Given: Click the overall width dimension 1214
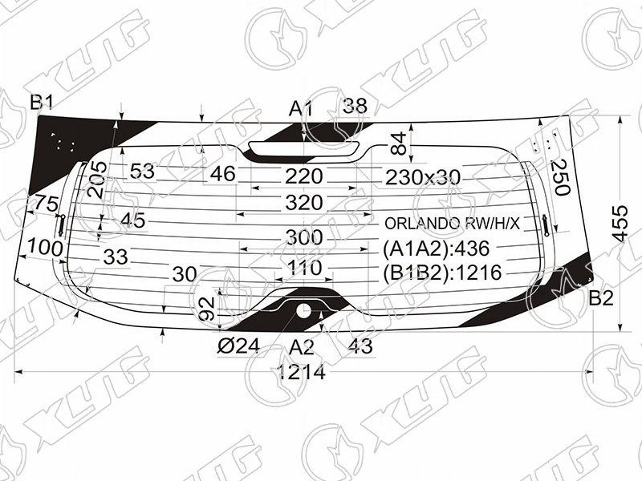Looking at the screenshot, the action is click(x=301, y=372).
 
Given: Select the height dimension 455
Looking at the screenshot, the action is click(x=620, y=224).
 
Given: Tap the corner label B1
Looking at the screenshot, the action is click(x=42, y=103).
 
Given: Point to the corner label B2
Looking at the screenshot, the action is click(x=601, y=298).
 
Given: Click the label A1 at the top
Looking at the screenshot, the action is click(x=301, y=109).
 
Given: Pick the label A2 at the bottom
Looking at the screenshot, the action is click(x=302, y=347).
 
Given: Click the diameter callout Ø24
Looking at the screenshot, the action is click(x=238, y=347).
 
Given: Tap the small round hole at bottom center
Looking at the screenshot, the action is click(x=303, y=311).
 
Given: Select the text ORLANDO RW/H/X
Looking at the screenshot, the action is click(x=452, y=224).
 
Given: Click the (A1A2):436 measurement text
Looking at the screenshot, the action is click(x=436, y=249).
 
